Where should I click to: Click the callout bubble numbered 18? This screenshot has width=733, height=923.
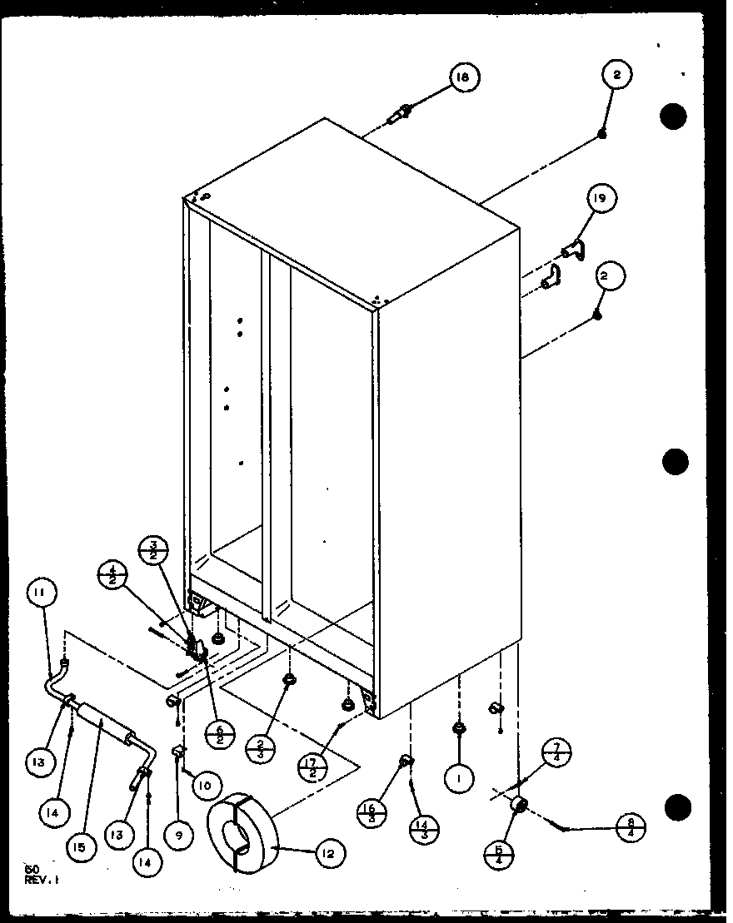pos(462,77)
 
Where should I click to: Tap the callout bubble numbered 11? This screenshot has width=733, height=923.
pos(41,593)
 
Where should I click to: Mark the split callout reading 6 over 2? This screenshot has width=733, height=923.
pos(218,732)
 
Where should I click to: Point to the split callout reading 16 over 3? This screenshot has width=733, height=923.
pos(371,811)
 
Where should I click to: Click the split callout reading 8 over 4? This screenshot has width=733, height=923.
pos(629,829)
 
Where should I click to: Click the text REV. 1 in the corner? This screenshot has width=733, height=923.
pos(41,880)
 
